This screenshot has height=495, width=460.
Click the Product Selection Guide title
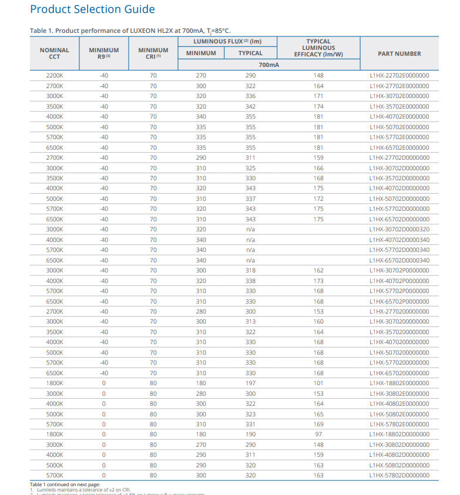tap(92, 9)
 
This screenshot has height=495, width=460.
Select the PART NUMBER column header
tap(399, 53)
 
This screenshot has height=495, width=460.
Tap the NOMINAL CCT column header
tap(55, 53)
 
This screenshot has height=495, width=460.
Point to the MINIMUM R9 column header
tap(103, 53)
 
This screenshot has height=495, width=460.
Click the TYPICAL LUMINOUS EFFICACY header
tap(318, 48)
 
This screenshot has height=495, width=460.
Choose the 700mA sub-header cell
tap(268, 65)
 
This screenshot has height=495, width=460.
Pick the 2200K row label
tap(55, 76)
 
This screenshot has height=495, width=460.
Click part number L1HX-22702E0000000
tap(399, 76)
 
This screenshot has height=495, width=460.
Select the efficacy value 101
tap(318, 383)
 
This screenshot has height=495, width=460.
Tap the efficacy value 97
tap(318, 435)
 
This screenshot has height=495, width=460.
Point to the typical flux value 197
tap(250, 383)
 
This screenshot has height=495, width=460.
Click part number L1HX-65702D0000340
tap(399, 260)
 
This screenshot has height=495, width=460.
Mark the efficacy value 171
tap(318, 96)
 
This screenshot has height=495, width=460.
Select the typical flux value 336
tap(250, 96)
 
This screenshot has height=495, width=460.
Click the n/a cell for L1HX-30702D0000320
tap(250, 230)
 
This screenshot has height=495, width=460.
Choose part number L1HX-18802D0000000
tap(399, 435)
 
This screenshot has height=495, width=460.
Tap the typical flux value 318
tap(250, 271)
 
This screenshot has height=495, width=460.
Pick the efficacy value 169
tap(318, 425)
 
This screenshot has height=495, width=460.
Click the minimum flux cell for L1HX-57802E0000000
tap(201, 425)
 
